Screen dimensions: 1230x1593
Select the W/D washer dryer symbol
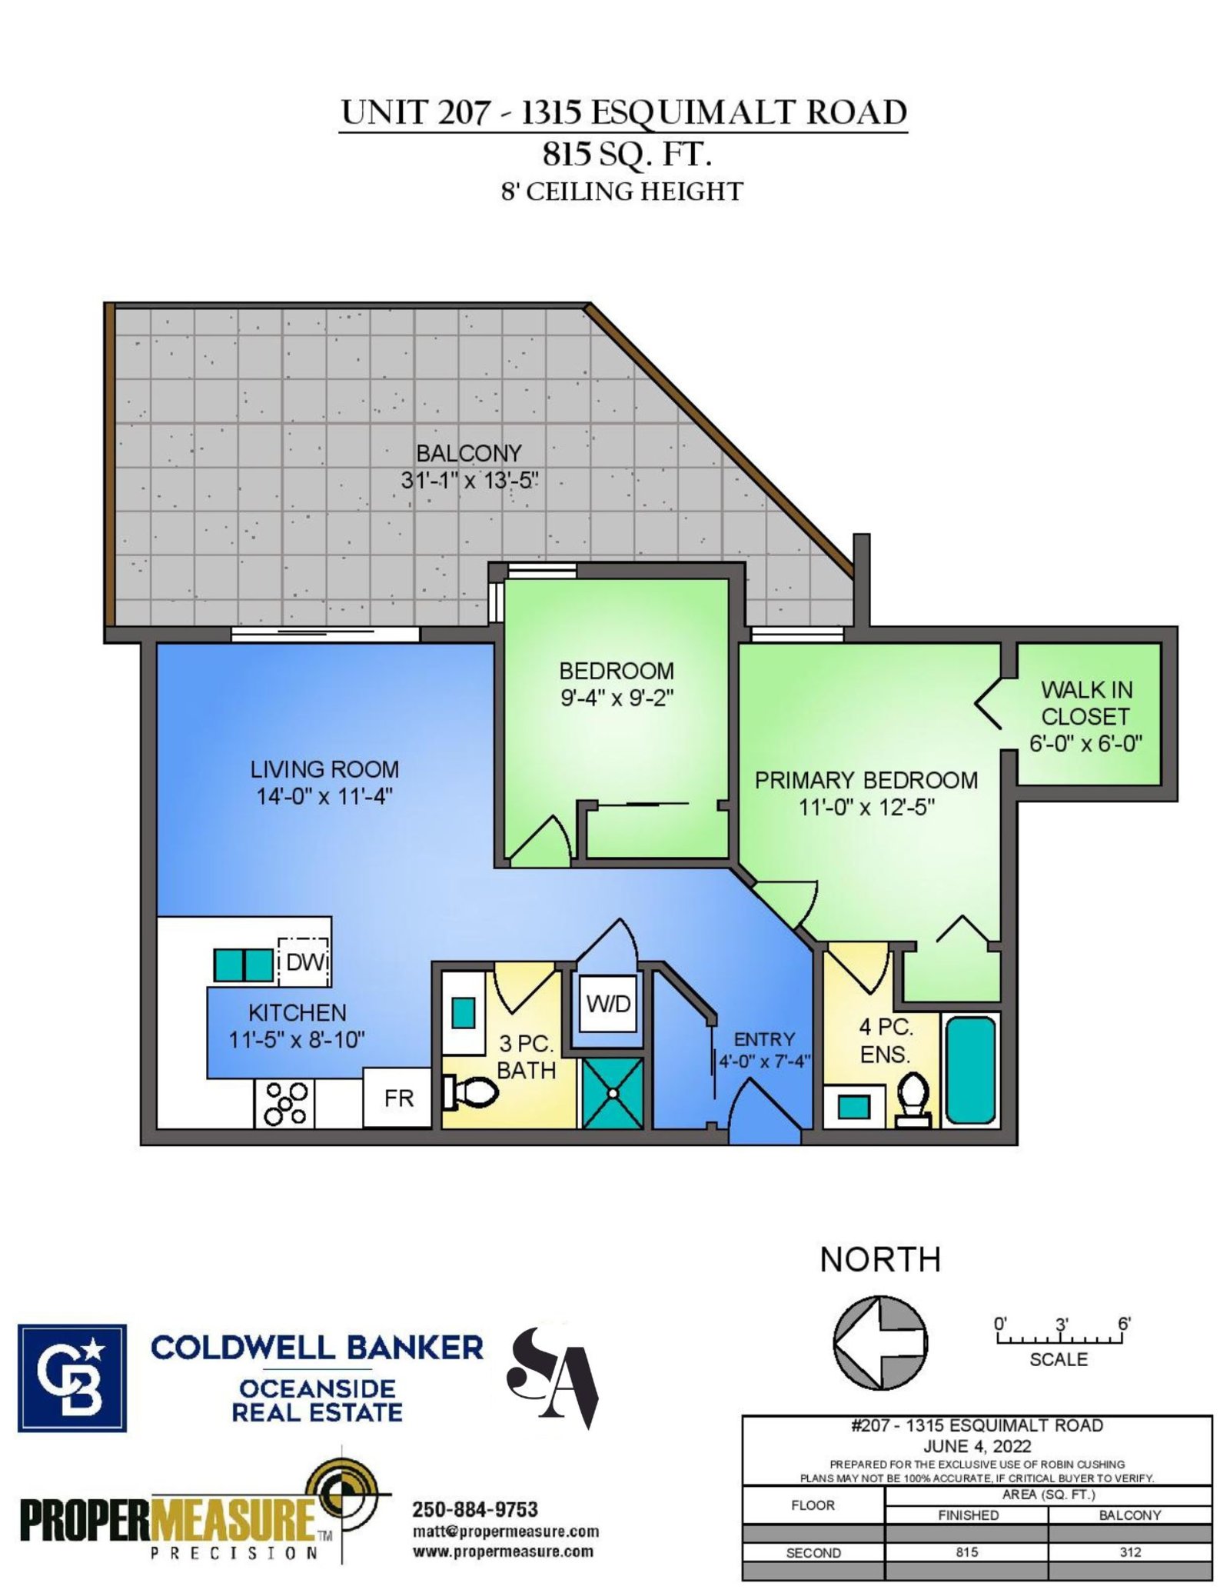pyautogui.click(x=608, y=1004)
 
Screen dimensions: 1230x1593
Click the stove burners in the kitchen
pyautogui.click(x=285, y=1104)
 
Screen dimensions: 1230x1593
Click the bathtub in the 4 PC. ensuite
pyautogui.click(x=970, y=1069)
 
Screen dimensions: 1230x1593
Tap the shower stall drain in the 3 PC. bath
pyautogui.click(x=613, y=1093)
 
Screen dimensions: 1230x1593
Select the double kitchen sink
pyautogui.click(x=243, y=965)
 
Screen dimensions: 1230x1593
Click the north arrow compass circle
pyautogui.click(x=880, y=1342)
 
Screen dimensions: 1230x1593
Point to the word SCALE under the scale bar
pyautogui.click(x=1059, y=1359)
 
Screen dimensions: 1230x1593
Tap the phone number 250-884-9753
pyautogui.click(x=475, y=1509)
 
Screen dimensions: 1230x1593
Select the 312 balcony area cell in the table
pyautogui.click(x=1130, y=1552)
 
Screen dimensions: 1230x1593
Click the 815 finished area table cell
pyautogui.click(x=967, y=1552)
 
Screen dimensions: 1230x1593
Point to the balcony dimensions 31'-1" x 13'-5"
pyautogui.click(x=469, y=481)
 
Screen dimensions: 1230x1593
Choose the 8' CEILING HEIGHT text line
pyautogui.click(x=622, y=192)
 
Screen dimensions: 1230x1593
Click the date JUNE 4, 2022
pyautogui.click(x=976, y=1446)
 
